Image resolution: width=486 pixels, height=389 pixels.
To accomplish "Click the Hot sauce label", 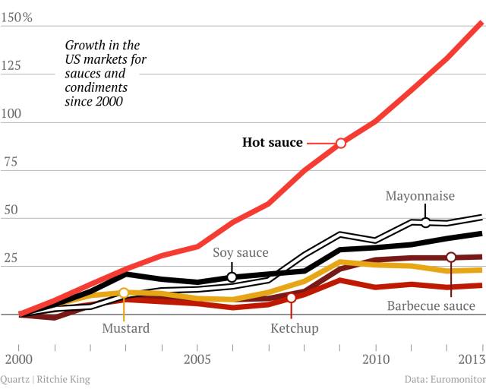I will [x=272, y=142].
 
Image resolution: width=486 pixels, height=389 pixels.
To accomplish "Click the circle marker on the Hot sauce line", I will [x=341, y=143].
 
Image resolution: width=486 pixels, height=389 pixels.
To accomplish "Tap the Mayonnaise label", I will [x=420, y=196].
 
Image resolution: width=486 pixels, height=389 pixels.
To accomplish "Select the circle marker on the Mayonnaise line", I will [x=425, y=223].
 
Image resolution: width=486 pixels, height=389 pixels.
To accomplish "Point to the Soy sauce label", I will [x=241, y=253].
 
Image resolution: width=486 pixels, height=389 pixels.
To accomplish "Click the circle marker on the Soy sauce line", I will [x=232, y=277].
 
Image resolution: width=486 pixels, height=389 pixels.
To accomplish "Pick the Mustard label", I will [x=126, y=328].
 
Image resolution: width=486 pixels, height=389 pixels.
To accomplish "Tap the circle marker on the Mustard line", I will [x=124, y=293].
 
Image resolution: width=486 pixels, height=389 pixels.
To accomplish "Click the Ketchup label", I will [x=295, y=328].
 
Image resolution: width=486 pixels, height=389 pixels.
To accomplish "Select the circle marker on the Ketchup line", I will [x=291, y=298].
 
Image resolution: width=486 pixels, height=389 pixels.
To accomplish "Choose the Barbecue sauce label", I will [x=431, y=306].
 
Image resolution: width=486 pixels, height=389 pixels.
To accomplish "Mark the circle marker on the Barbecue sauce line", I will [x=451, y=258].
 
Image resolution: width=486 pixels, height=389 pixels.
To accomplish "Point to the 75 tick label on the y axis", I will [x=8, y=162].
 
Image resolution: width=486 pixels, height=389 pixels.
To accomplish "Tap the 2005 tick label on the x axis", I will [x=197, y=358].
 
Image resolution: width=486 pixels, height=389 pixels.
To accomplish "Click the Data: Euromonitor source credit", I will [x=445, y=378].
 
